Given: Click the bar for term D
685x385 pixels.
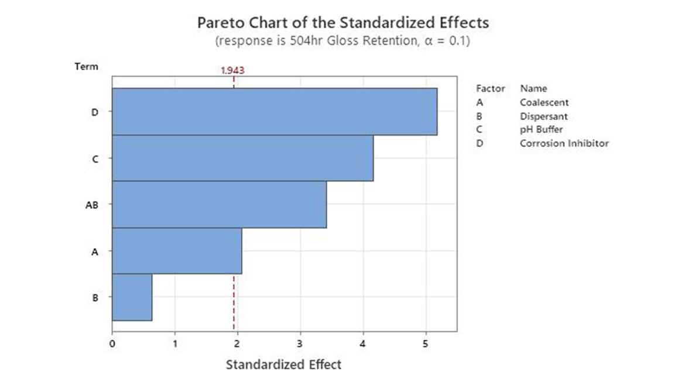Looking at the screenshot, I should (274, 111).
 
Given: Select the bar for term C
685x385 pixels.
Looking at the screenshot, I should (242, 158).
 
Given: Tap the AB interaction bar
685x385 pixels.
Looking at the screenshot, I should (219, 204).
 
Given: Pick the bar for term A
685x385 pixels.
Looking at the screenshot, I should (176, 250).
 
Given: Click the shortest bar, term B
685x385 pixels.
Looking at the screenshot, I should (132, 297).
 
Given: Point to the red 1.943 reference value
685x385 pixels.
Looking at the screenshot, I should (232, 70).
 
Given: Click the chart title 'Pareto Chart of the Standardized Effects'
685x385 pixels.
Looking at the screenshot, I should (342, 23).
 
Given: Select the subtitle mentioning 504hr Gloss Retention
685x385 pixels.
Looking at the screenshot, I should (342, 42).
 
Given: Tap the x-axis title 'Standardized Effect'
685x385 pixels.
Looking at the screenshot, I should (283, 365).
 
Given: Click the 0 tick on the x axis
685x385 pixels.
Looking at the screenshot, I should (112, 343).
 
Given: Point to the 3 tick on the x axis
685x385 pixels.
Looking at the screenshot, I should (300, 343).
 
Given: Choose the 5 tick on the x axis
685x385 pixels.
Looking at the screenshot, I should (426, 343).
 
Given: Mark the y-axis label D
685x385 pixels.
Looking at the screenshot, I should (95, 112).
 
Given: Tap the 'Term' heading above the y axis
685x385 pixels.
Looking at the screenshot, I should (86, 67).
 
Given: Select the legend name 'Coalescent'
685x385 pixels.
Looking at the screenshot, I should (544, 102).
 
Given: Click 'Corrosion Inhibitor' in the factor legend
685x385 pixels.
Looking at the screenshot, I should (564, 143).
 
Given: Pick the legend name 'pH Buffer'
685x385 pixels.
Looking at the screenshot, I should (541, 129).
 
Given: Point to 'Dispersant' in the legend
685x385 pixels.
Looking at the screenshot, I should (543, 116).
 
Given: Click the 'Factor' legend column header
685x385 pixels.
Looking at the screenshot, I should (490, 89).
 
